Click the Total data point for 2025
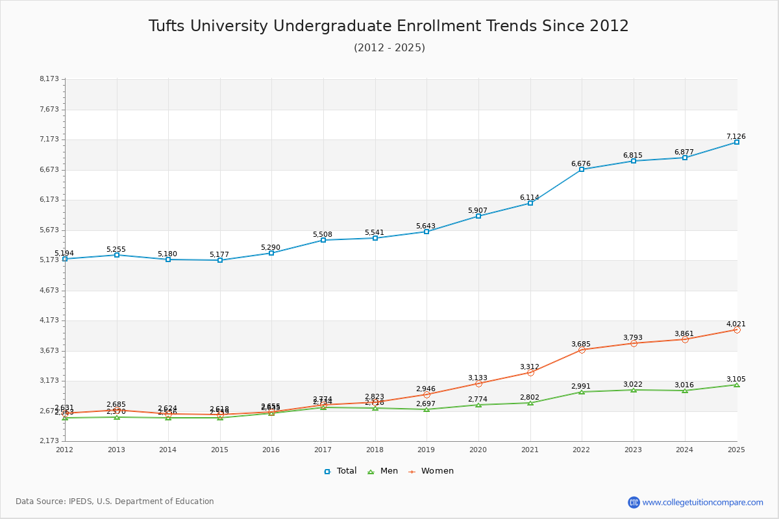pos(736,142)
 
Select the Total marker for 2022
pos(582,169)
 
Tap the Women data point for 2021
pos(530,372)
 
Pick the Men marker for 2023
pos(634,390)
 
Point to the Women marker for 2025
pos(736,330)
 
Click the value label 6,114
pos(530,197)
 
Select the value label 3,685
pos(581,344)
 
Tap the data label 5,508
pos(323,234)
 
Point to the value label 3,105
pos(736,379)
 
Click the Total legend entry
pos(340,471)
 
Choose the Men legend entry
pos(384,471)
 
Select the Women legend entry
pos(431,471)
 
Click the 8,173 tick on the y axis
pos(49,79)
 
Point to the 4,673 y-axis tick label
pos(49,290)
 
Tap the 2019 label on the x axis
pos(426,450)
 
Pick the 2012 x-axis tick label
pos(65,450)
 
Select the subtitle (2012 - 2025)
pos(389,47)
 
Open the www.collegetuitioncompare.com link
pos(702,502)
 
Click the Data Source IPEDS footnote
pos(115,501)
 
